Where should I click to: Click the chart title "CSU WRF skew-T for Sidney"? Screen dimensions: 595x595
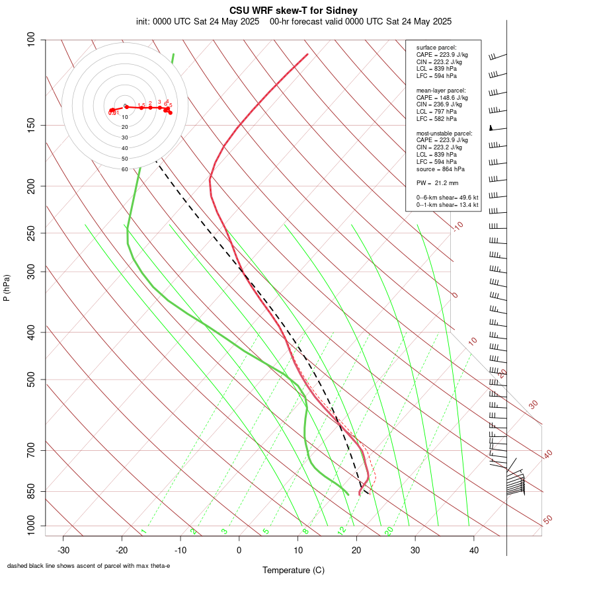coord(294,11)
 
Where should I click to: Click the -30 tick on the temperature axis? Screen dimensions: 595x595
coord(63,550)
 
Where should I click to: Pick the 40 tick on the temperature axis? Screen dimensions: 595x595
coord(473,550)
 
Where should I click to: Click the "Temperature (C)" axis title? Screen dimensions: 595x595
coord(293,570)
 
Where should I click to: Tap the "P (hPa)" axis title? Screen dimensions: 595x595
coord(7,288)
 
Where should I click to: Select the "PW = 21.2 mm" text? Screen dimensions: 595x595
coord(437,183)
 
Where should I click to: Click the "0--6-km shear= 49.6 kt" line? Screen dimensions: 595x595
coord(447,198)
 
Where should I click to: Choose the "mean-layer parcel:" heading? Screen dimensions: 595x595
coord(441,90)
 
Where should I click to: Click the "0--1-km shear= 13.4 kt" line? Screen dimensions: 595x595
coord(447,205)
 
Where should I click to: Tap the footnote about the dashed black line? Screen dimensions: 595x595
coord(89,566)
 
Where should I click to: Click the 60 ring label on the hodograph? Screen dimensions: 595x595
coord(124,169)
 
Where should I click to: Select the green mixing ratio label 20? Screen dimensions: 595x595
coord(389,531)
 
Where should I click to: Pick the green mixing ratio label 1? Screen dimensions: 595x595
coord(143,531)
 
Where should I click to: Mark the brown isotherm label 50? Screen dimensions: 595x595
coord(547,520)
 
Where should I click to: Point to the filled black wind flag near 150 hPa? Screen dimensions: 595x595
coord(491,128)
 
